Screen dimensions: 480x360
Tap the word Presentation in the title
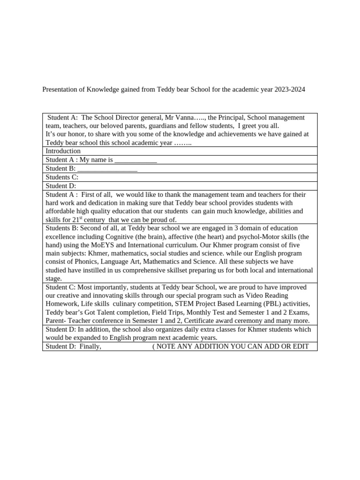62,89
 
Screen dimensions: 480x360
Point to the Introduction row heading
63,151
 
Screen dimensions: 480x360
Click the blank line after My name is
135,160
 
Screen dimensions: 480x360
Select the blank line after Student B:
107,169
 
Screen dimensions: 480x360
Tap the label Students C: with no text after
61,177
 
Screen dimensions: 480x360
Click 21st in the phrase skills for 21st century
77,219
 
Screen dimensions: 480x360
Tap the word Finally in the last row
90,346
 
